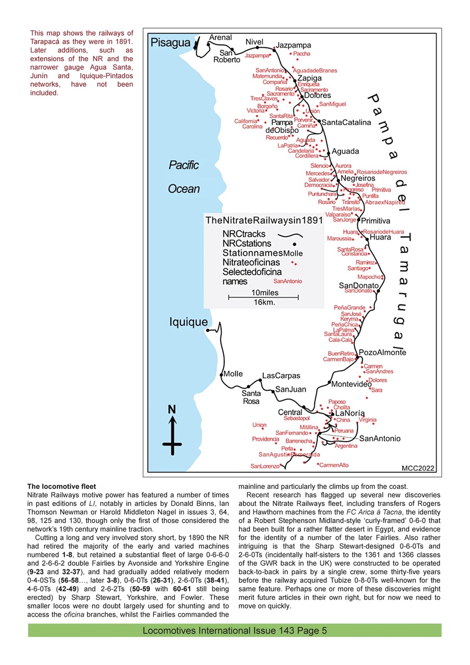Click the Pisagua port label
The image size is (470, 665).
170,43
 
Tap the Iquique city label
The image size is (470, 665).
188,322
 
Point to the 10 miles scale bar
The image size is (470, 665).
263,297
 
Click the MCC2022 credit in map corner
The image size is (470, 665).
418,468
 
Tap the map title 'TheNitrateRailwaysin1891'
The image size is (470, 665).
264,221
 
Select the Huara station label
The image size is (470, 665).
381,237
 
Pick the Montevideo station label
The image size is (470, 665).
351,384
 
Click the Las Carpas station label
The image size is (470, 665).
281,376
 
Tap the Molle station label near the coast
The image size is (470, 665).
233,374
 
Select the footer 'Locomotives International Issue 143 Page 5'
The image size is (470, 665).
235,631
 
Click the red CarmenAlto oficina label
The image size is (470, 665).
334,465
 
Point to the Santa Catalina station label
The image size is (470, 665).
346,123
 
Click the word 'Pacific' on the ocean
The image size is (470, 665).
184,165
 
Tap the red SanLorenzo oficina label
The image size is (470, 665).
265,466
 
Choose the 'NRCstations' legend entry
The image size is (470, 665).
247,243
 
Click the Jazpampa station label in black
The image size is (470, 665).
293,45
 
